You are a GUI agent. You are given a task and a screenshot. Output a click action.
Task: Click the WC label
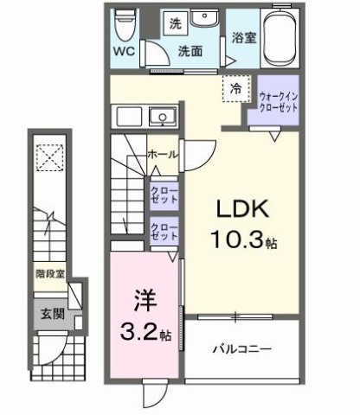click(x=121, y=50)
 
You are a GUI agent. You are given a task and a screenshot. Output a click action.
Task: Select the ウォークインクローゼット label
click(x=278, y=100)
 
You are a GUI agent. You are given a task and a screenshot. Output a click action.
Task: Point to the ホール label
click(x=164, y=155)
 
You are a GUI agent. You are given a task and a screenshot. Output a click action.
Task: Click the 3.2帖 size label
click(x=144, y=330)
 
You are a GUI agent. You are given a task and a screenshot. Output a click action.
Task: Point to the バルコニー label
click(x=245, y=349)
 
